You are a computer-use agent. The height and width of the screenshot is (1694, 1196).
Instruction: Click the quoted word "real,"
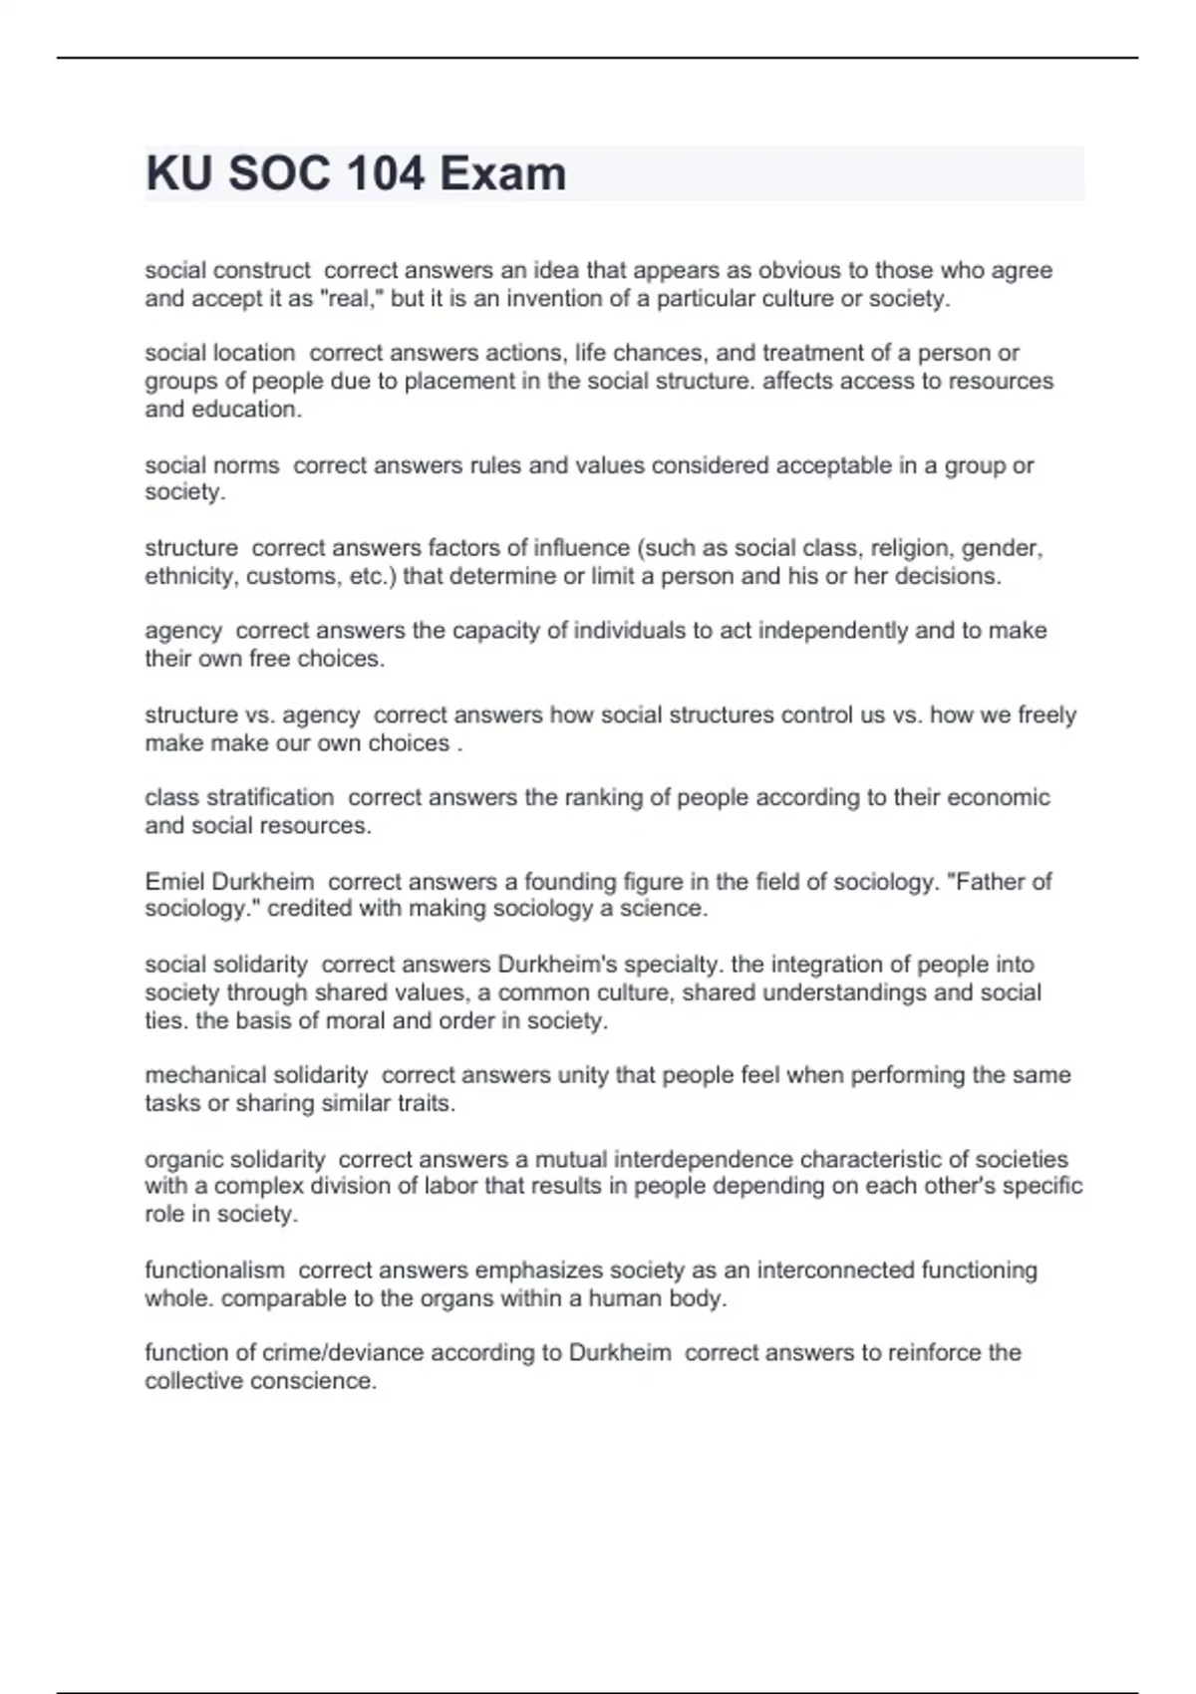pos(352,299)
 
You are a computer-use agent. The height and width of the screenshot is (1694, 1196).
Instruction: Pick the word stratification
pos(272,797)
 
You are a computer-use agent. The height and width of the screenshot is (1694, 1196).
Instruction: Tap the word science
pos(667,909)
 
